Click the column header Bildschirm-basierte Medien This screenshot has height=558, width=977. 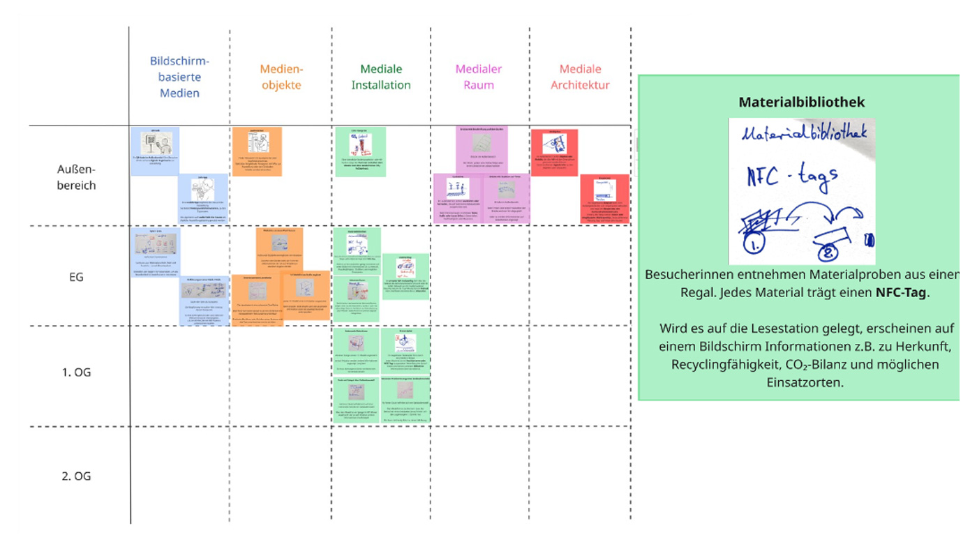(x=179, y=77)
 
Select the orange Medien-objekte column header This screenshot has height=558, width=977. (x=281, y=77)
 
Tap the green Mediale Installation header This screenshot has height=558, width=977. (x=381, y=77)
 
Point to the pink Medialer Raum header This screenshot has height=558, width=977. (x=479, y=77)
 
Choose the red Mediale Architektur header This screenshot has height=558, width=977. (x=580, y=77)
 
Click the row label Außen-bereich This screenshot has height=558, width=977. (x=77, y=177)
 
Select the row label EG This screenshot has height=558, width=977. (x=77, y=277)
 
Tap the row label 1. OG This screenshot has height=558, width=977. (x=77, y=372)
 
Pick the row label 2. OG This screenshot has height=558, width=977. (x=77, y=476)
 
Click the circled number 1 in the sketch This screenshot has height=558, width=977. (x=754, y=244)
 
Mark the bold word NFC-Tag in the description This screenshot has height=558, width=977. (x=902, y=293)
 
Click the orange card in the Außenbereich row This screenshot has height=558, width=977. (x=257, y=151)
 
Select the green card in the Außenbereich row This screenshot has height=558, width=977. (x=360, y=151)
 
